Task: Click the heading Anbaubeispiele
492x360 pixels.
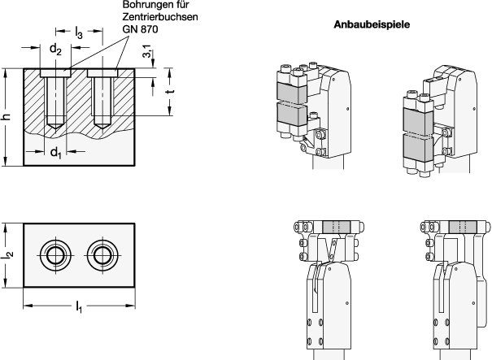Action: [x=372, y=24]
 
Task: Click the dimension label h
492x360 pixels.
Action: [x=7, y=117]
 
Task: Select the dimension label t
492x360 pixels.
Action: [x=171, y=91]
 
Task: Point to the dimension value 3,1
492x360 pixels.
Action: [x=147, y=51]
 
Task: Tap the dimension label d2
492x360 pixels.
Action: [x=55, y=49]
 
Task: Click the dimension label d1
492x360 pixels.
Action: [x=55, y=153]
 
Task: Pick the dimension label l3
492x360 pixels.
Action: [x=78, y=33]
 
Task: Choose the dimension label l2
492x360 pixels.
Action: [x=8, y=254]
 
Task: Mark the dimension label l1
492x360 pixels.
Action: [x=79, y=306]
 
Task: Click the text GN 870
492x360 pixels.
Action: [x=140, y=29]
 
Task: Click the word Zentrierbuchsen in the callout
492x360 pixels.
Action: [x=160, y=16]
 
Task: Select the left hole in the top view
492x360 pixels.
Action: [x=55, y=255]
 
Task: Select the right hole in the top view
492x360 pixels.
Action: [x=102, y=255]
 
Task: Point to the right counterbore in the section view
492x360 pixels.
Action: [x=102, y=73]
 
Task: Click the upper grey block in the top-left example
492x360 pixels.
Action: [x=292, y=93]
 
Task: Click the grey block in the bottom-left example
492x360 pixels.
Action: [x=337, y=227]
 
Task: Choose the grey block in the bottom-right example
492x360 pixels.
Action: [x=463, y=227]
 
